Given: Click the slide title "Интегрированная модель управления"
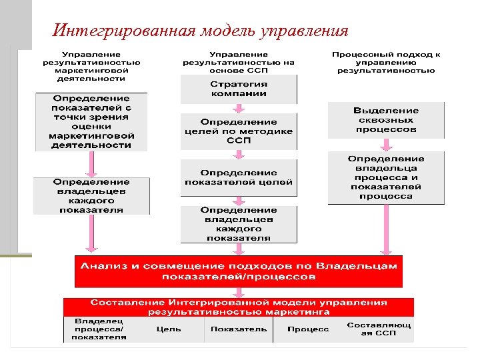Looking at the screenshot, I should [x=200, y=31].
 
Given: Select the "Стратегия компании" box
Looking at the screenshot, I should [x=239, y=89].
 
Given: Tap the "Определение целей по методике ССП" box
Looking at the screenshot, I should [x=239, y=131].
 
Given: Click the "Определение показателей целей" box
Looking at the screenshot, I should [x=239, y=177].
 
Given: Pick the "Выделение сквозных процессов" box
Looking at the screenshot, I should [x=386, y=120].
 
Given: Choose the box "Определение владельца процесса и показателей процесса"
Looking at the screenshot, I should [x=386, y=177].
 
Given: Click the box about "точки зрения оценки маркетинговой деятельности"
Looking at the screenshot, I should [x=91, y=121].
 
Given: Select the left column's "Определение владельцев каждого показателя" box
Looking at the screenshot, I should [x=91, y=195].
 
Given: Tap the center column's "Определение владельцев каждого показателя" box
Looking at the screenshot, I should [x=239, y=224].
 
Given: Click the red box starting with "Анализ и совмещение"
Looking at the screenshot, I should [x=239, y=270].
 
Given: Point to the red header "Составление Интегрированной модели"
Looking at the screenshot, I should [x=239, y=307].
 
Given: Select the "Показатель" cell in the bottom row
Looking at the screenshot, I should [x=239, y=329].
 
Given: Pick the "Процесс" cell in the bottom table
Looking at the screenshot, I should [x=308, y=329].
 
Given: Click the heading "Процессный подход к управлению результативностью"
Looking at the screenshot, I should [x=386, y=62].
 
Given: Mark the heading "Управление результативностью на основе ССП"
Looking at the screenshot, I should [x=239, y=62].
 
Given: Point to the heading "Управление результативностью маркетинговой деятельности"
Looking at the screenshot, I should [x=91, y=66].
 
